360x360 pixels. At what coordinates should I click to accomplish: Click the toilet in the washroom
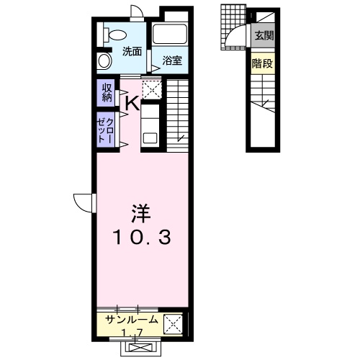click(x=114, y=35)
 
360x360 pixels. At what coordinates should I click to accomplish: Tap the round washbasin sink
click(x=104, y=60)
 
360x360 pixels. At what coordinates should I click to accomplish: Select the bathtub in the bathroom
click(x=170, y=34)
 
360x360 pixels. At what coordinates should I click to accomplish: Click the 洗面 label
click(x=132, y=52)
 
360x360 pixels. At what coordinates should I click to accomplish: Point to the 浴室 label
click(x=172, y=60)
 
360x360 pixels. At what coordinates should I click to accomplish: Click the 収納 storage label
click(x=107, y=93)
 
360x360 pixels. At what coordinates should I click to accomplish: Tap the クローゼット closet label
click(x=105, y=131)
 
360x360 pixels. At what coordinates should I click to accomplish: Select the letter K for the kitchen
click(x=132, y=103)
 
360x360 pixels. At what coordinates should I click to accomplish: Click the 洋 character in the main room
click(x=141, y=214)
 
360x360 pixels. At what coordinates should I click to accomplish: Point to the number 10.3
click(x=143, y=237)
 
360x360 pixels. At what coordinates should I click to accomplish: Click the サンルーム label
click(x=132, y=320)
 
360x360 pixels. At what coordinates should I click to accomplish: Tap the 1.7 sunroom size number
click(x=132, y=333)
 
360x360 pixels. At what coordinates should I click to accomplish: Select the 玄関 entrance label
click(x=264, y=36)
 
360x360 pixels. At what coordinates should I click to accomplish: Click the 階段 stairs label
click(x=262, y=63)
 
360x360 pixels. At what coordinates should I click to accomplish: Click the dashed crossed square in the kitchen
click(x=152, y=90)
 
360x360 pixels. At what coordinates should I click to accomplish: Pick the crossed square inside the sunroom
click(x=173, y=324)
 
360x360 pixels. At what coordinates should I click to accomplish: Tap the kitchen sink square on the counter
click(x=150, y=138)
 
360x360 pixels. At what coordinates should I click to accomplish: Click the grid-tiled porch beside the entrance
click(x=233, y=27)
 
